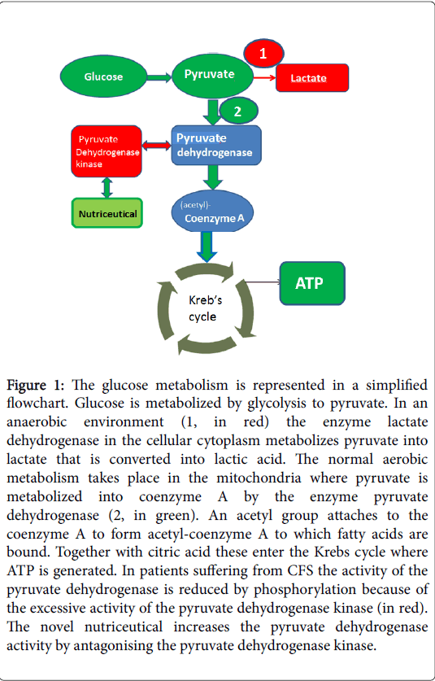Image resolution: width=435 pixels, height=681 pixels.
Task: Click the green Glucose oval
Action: point(103,76)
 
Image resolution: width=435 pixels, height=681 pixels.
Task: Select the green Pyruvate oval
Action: point(213,76)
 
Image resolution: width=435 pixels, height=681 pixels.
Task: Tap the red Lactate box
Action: point(312,78)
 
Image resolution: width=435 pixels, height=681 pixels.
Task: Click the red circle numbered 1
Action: point(264,53)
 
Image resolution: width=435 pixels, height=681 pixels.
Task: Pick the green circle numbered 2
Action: point(239,111)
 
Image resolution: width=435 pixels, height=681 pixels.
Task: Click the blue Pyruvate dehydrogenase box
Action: point(216,145)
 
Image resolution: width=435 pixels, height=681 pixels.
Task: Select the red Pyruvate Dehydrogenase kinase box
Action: point(107,151)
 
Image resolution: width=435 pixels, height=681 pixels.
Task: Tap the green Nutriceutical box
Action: point(107,213)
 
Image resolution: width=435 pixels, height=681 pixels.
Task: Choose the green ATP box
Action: point(312,283)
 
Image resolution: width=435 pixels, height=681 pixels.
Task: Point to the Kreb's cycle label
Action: point(202,308)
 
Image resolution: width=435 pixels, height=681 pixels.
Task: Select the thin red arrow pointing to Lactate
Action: point(264,78)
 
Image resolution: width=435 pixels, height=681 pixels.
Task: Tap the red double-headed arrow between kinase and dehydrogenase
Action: point(157,146)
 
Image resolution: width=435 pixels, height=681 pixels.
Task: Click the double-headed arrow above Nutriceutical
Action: point(107,188)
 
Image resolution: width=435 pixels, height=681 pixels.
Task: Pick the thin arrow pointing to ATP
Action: point(263,282)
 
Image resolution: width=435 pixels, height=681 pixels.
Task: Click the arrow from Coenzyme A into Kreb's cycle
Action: point(208,247)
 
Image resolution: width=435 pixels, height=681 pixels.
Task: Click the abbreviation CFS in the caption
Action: point(277,570)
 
